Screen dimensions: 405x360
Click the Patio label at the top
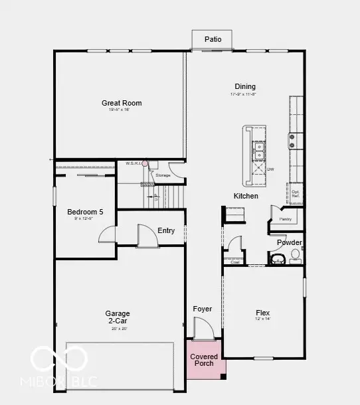[212, 39]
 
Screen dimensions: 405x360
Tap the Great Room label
[122, 103]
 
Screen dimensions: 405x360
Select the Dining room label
[245, 86]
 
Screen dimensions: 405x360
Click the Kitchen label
[246, 196]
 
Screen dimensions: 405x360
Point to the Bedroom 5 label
[85, 212]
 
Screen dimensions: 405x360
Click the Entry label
[166, 231]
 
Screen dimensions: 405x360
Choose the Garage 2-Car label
[118, 317]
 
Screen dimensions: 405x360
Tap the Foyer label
[203, 309]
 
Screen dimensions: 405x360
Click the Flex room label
[264, 313]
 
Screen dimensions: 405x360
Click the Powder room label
[290, 243]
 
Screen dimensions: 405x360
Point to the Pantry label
[286, 218]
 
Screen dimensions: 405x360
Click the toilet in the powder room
[294, 256]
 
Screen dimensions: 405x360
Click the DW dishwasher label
[271, 169]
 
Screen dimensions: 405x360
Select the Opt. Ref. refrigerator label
[296, 194]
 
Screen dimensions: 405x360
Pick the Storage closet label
[163, 175]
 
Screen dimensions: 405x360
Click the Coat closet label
[235, 262]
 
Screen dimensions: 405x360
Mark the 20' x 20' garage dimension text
[118, 329]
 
